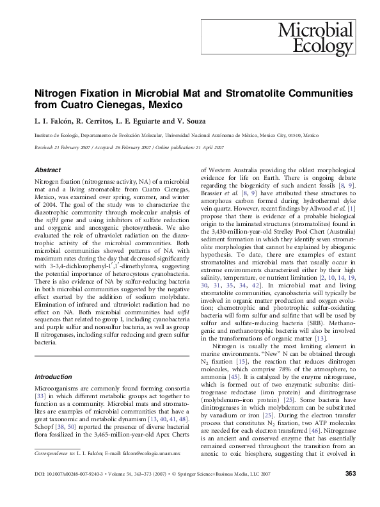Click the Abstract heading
[48, 172]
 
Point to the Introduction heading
[53, 376]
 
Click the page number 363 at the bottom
[350, 491]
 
